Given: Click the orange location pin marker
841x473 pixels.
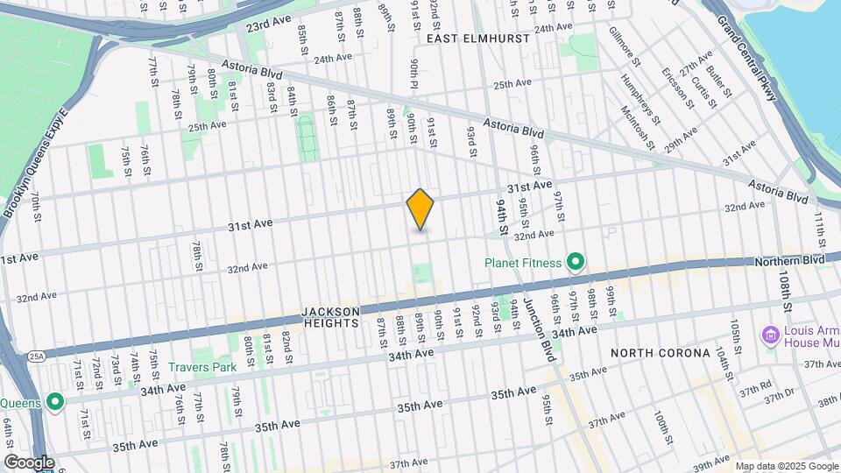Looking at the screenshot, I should point(420,209).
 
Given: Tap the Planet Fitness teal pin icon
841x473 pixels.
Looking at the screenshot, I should point(576,262).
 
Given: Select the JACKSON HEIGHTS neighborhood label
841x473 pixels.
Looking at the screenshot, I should point(330,317).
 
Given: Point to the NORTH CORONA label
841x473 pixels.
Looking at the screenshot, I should point(660,353).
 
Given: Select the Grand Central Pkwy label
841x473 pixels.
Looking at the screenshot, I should point(746,58).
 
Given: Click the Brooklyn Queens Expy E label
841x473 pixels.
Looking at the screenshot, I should point(34,161).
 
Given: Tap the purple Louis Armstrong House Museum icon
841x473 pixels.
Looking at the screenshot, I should point(770,335).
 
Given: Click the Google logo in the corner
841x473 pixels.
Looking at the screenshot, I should point(29,462).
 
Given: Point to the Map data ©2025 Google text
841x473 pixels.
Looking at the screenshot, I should point(785,466).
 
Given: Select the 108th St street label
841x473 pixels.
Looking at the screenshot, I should point(785,290).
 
